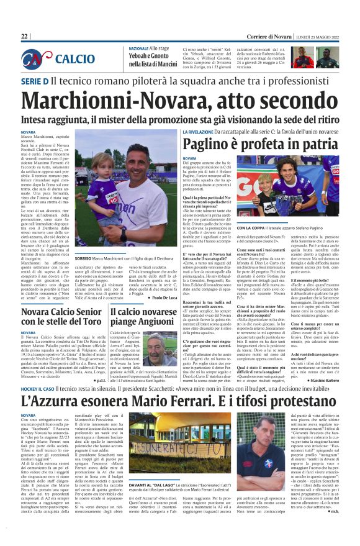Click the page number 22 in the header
click(x=25, y=37)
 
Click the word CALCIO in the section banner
click(x=75, y=60)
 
